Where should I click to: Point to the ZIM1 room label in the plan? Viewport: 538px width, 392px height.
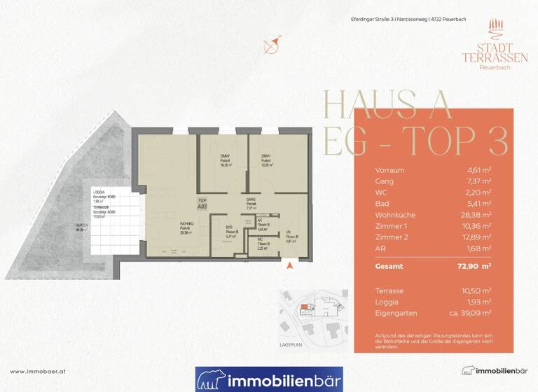click(266, 156)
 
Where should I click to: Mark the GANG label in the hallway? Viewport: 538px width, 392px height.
click(250, 199)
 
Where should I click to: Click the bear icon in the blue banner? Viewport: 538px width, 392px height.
click(210, 380)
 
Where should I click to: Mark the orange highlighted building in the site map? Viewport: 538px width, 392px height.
click(303, 306)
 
